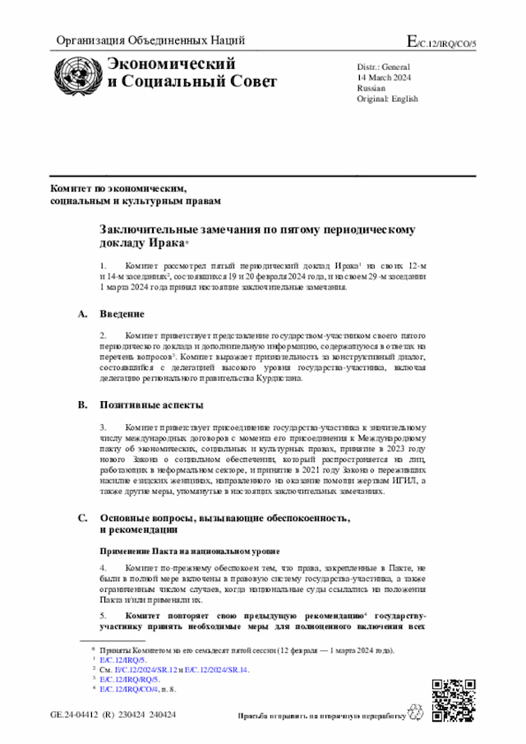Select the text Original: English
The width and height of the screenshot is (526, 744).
[387, 99]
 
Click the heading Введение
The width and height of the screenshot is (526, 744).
[122, 315]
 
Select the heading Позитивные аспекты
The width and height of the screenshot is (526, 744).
[152, 405]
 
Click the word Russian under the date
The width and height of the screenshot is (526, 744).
[371, 87]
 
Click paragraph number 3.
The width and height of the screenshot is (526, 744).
[104, 427]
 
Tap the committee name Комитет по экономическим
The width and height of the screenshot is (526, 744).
[118, 188]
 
